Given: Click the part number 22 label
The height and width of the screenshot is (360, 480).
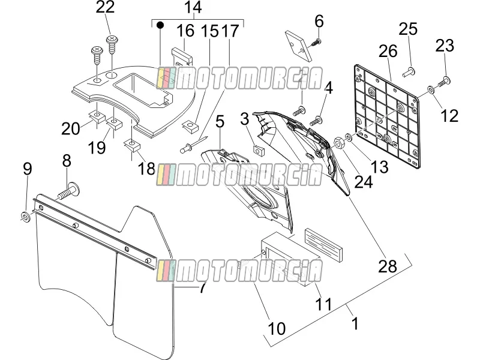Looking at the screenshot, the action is (105, 7).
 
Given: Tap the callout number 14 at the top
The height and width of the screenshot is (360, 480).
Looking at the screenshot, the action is (193, 7).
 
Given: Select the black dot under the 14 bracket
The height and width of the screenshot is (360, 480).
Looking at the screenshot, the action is (160, 25).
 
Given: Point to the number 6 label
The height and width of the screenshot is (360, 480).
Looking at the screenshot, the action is (319, 22).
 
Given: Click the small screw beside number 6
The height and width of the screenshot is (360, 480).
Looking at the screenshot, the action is (315, 43).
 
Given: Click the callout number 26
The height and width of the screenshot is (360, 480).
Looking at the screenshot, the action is (388, 51).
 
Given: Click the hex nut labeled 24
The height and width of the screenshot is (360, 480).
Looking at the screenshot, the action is (338, 142).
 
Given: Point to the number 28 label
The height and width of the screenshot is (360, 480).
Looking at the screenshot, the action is (387, 266).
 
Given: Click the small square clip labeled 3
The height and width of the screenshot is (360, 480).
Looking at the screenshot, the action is (259, 151).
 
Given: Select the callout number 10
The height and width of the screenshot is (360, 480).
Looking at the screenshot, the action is (277, 329).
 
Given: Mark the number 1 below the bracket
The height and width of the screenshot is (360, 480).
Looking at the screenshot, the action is (355, 323).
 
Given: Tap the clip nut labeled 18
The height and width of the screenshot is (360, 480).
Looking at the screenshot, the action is (132, 145).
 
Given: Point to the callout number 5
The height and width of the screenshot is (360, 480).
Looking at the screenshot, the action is (220, 122).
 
